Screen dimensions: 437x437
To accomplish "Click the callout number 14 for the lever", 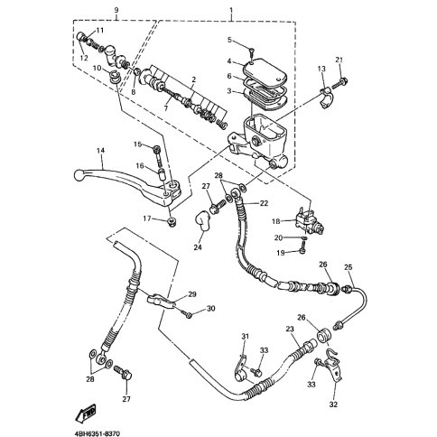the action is coord(100,151).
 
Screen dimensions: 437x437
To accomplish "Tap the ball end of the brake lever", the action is coord(79,175).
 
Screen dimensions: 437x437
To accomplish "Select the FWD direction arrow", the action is coord(86,412).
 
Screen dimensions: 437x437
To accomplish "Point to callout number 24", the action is coord(198,247).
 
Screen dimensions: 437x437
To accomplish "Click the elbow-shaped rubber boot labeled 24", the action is coord(202,222).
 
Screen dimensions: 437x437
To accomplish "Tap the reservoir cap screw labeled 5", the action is coord(252,54).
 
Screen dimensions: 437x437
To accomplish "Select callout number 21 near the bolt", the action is coord(339,60).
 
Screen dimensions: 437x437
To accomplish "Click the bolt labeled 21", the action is coord(339,82).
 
